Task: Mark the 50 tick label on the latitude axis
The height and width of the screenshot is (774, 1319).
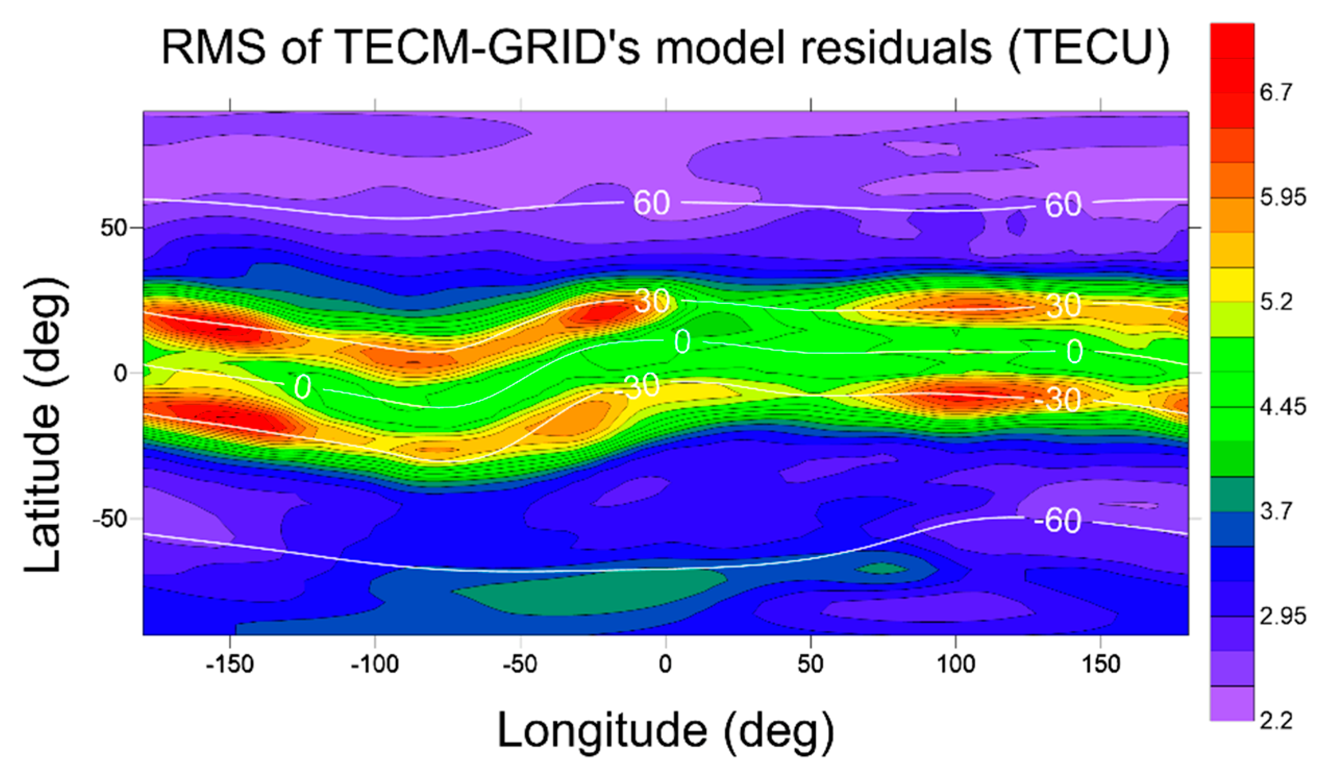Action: coord(115,228)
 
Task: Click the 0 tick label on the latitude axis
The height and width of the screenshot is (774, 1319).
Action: coord(121,373)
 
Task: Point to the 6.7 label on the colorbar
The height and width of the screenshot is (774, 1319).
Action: coord(1276,93)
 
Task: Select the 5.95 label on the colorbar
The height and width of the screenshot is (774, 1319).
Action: coord(1283,198)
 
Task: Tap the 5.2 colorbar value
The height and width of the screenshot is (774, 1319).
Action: coord(1276,302)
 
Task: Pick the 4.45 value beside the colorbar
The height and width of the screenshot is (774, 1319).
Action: coord(1283,407)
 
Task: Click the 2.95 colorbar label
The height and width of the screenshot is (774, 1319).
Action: coord(1283,617)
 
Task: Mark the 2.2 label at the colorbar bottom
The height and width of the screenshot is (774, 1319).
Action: coord(1276,721)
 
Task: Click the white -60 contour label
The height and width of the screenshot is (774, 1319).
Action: coord(1057,521)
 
